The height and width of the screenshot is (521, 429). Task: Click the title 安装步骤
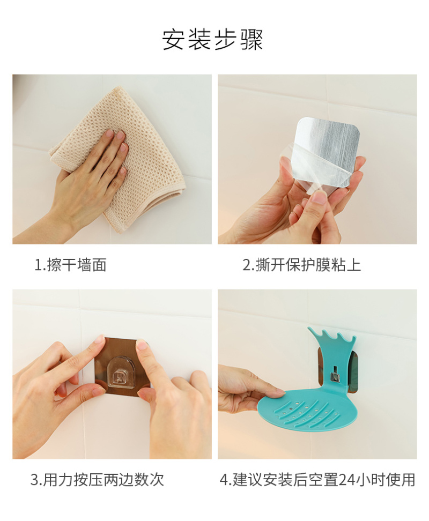213,40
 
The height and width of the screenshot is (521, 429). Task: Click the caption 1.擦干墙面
70,265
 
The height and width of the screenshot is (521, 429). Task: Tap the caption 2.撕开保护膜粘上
302,265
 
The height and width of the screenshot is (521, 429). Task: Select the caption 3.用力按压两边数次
98,480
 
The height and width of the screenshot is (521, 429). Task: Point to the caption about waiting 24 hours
317,480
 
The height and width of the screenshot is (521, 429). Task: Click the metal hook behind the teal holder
335,374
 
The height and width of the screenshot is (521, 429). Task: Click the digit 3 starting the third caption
34,480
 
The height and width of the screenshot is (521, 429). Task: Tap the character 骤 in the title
252,40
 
